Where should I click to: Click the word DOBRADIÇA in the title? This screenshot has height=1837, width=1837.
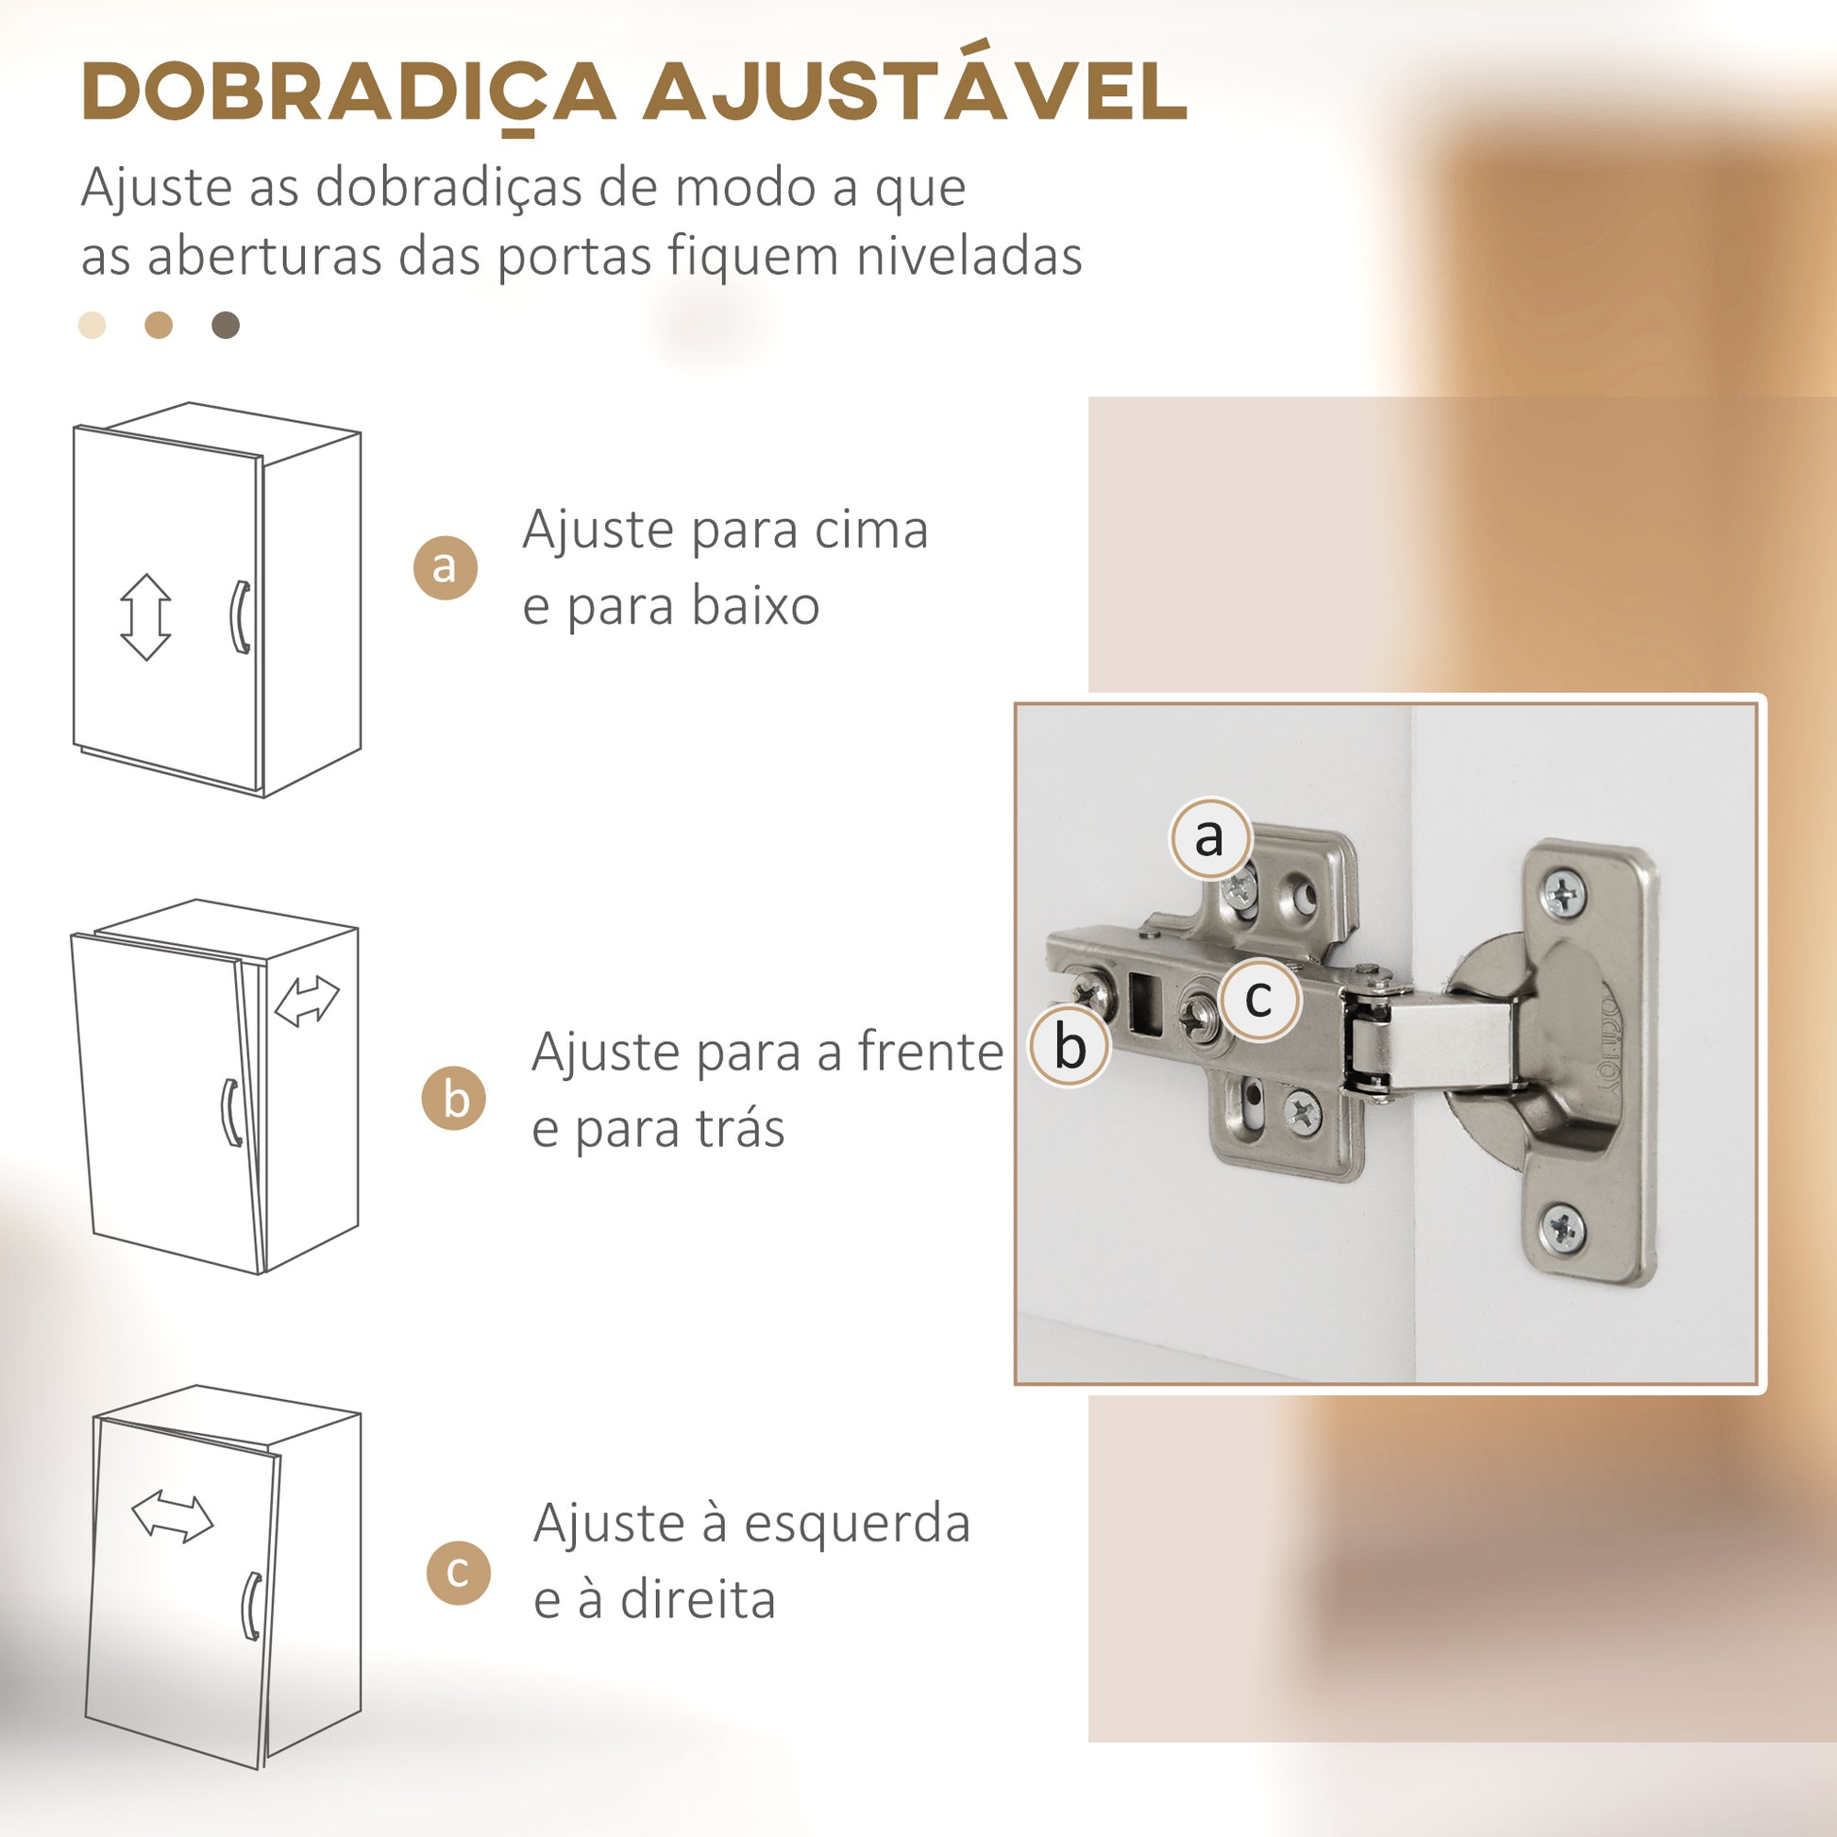tap(349, 93)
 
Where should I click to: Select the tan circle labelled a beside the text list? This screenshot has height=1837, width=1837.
tap(445, 567)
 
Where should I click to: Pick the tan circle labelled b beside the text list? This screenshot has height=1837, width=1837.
tap(453, 1098)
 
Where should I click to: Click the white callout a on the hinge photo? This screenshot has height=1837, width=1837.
tap(1209, 837)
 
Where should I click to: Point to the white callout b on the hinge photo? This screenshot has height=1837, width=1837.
tap(1070, 1046)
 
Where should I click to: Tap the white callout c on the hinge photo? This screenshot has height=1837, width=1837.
tap(1260, 999)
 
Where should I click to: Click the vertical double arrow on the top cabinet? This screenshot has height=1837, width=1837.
tap(146, 617)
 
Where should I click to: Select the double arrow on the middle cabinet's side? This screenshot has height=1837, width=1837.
tap(306, 1003)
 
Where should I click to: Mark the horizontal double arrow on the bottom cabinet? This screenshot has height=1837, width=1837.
tap(172, 1516)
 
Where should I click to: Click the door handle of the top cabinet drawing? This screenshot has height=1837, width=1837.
tap(241, 617)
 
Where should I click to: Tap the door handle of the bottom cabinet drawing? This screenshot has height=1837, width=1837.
tap(252, 1607)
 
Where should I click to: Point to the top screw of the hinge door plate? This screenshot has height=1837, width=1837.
tap(1564, 894)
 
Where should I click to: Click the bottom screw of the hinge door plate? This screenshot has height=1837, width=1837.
tap(1562, 1227)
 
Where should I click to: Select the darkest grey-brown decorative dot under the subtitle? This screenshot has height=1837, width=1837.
tap(226, 325)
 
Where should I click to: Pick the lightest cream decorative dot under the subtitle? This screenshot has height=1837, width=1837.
tap(93, 325)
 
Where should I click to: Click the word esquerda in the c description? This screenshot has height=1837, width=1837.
tap(857, 1524)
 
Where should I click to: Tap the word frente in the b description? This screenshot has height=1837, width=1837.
tap(930, 1052)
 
